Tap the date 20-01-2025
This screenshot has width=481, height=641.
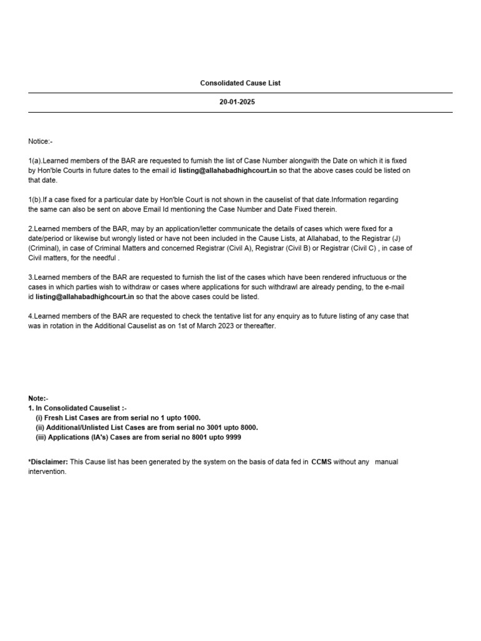[237, 102]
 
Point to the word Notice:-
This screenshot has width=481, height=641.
[40, 141]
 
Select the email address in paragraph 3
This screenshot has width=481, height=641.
[85, 297]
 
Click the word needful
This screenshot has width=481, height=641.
[104, 257]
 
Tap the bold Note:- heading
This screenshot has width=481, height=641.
[38, 398]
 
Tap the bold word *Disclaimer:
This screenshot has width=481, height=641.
[48, 462]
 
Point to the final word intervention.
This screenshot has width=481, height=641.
[47, 472]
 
